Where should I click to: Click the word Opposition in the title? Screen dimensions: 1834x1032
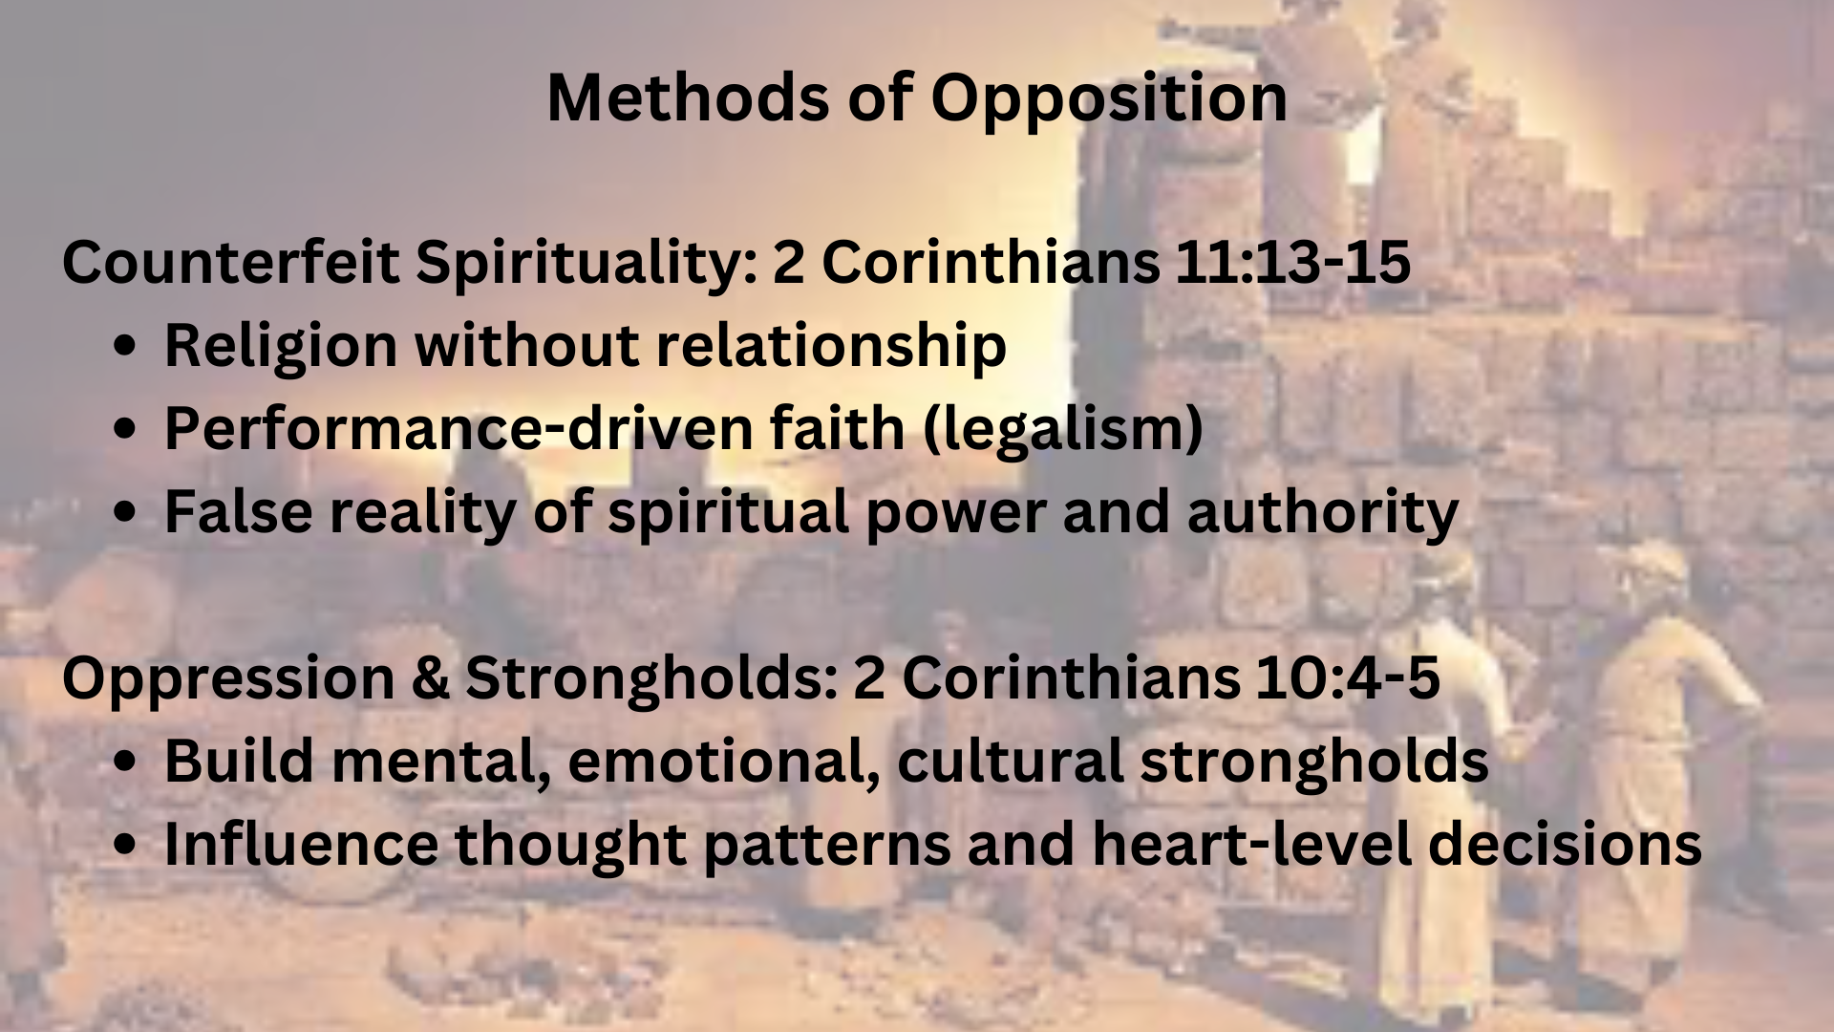pos(1109,99)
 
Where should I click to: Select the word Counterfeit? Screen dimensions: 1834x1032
pos(230,261)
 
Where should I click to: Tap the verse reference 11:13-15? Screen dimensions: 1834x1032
pos(1292,261)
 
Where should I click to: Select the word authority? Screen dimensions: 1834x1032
pos(1323,513)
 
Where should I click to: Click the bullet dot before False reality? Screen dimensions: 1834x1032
pos(124,512)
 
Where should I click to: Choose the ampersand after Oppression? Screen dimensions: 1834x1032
pos(430,678)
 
